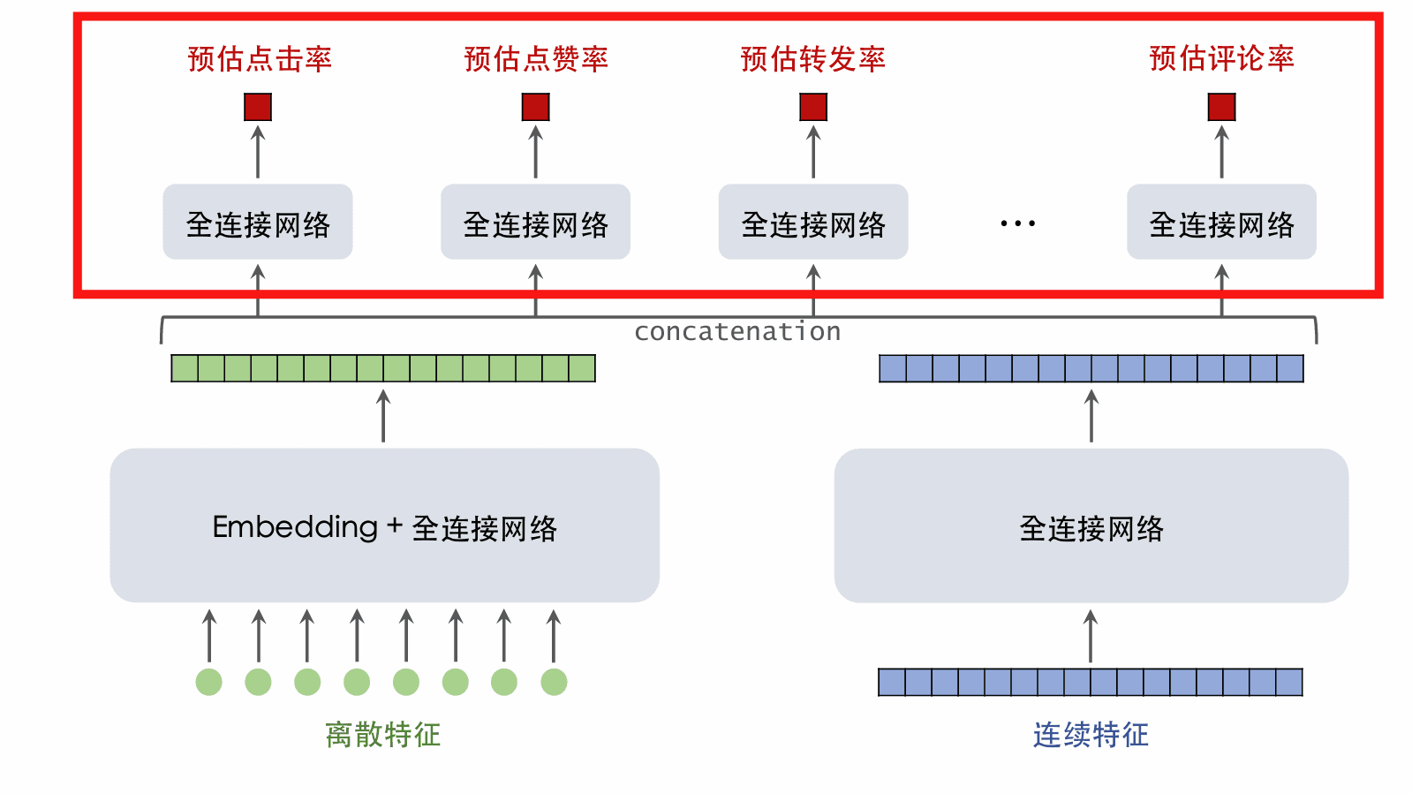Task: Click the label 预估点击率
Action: (260, 59)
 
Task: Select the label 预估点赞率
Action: (536, 59)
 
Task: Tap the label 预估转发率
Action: (812, 59)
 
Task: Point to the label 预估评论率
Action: (1221, 59)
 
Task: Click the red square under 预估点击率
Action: (258, 107)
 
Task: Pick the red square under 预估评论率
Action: (1221, 107)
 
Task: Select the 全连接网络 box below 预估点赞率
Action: (535, 223)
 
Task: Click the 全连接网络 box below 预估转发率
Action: (812, 223)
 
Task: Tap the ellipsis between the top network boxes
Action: (1017, 223)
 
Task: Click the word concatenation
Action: (737, 332)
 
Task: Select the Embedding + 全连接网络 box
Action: (384, 526)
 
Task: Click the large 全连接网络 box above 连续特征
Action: (1091, 526)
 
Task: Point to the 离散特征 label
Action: (382, 735)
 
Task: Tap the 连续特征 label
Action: (1091, 735)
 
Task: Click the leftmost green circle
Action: (209, 682)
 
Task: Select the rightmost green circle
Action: (554, 682)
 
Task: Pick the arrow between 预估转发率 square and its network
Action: (813, 152)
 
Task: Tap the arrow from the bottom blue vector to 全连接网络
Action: (1091, 636)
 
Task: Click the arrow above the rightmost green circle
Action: (554, 635)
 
